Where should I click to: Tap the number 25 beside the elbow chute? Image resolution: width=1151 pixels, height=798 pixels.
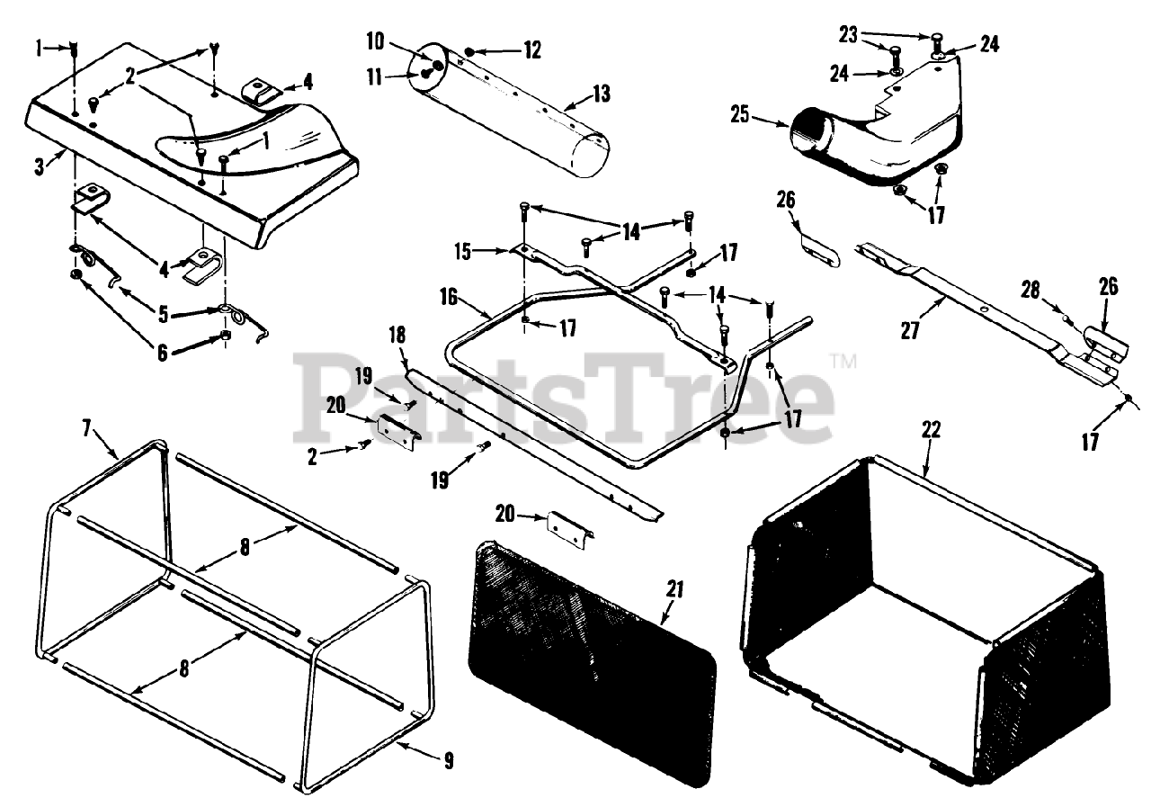[x=741, y=115]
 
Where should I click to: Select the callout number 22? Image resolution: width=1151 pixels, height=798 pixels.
[x=930, y=429]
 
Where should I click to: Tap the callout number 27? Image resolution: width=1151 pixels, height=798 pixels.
[x=910, y=331]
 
